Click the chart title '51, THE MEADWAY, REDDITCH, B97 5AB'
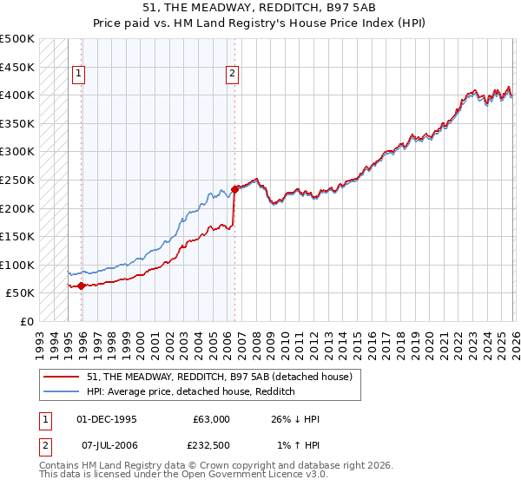[x=260, y=8]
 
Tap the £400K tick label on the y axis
[x=17, y=95]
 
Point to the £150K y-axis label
[x=17, y=236]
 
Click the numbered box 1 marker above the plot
[x=79, y=75]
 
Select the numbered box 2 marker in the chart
[x=233, y=75]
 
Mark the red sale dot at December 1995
[x=81, y=286]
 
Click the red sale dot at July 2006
[x=234, y=189]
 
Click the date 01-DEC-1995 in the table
[x=108, y=419]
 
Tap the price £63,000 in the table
[x=211, y=419]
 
